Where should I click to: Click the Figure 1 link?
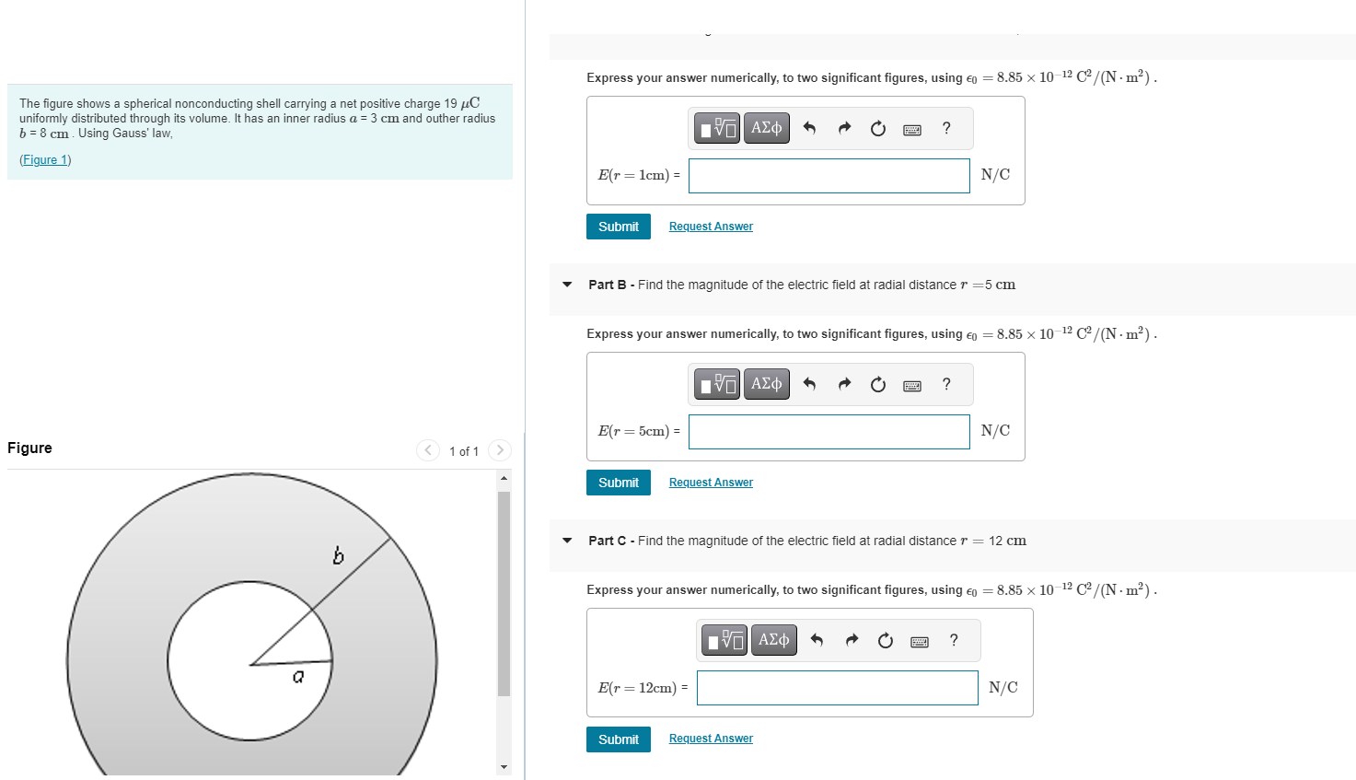(45, 160)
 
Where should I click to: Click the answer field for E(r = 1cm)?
(829, 176)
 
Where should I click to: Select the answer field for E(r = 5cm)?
(829, 432)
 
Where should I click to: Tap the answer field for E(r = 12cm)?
(837, 688)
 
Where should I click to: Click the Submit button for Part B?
(618, 483)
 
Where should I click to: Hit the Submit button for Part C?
(618, 739)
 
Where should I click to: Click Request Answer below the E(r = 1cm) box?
(711, 227)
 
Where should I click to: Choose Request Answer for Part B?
(711, 483)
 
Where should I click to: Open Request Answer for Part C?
(711, 739)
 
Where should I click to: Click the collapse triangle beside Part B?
(567, 285)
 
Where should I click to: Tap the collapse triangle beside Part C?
(567, 541)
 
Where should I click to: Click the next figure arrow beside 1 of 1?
(500, 450)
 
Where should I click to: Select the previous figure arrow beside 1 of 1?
(428, 450)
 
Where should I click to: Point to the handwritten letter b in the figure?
(338, 555)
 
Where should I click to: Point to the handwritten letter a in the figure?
(297, 678)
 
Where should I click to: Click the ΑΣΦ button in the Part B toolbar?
(766, 384)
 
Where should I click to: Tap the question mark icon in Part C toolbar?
(954, 640)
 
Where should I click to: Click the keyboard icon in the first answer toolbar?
(912, 129)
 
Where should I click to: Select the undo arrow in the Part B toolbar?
(809, 384)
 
